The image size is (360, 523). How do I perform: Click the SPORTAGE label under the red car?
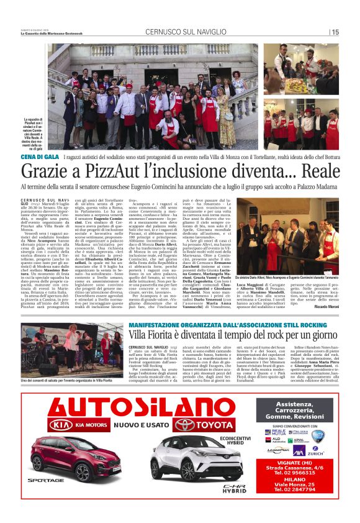point(44,481)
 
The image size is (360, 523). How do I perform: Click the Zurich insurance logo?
point(315,450)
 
